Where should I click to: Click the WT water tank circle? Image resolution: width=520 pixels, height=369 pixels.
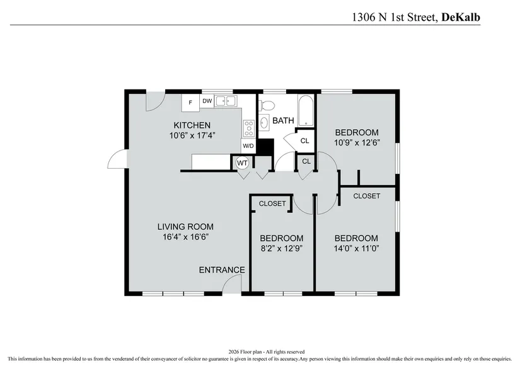[242, 163]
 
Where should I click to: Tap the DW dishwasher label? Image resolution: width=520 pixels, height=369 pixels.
[207, 101]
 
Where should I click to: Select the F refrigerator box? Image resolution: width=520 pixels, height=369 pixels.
[190, 103]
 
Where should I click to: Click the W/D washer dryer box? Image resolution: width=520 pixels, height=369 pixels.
[248, 145]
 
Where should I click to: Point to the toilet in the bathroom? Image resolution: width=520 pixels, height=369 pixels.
[267, 105]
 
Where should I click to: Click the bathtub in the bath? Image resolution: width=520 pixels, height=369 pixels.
[306, 111]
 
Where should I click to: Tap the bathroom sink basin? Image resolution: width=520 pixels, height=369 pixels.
[264, 123]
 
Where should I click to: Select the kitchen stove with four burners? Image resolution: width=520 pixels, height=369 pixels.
[249, 128]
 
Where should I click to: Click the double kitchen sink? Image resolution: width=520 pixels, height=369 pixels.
[226, 101]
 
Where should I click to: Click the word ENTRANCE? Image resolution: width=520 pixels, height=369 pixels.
[222, 270]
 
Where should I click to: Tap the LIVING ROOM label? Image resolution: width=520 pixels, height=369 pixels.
[185, 227]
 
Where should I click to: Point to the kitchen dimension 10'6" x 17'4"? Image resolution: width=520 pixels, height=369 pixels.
[192, 135]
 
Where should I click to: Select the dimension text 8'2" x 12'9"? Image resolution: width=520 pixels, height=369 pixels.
[282, 249]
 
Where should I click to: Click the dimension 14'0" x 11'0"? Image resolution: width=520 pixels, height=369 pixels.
[356, 249]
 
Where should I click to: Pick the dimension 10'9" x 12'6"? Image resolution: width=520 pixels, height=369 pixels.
[357, 143]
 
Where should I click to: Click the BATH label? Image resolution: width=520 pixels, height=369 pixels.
[283, 120]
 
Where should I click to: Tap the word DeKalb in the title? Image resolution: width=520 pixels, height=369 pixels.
[461, 17]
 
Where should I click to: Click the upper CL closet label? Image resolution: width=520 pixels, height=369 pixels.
[305, 141]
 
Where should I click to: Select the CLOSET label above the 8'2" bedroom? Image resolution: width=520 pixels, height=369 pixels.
[272, 203]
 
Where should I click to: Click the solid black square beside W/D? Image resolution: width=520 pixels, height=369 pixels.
[265, 147]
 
